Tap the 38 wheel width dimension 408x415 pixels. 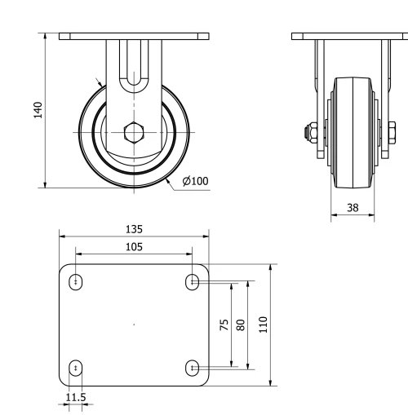point(353,208)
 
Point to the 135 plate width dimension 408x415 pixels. point(133,229)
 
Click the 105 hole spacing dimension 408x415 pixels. point(133,245)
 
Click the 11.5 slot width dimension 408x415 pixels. point(75,397)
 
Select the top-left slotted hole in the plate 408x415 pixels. point(76,282)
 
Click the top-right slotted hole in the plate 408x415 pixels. point(193,282)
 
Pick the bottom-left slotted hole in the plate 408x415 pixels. point(76,368)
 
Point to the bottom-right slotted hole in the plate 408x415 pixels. point(193,368)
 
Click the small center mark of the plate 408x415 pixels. point(134,324)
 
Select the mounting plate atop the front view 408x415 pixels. point(134,37)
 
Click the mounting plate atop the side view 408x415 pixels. point(352,37)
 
